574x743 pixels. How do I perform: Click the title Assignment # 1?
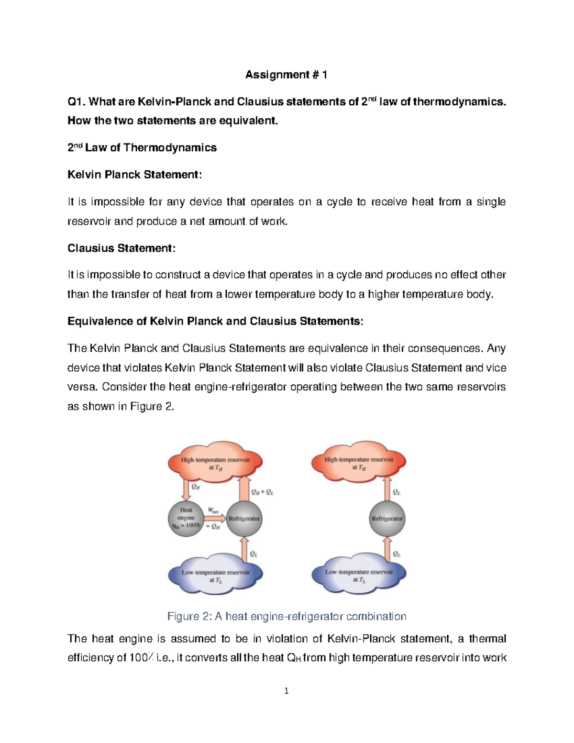pos(286,75)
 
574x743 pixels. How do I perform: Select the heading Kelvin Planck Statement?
pos(134,175)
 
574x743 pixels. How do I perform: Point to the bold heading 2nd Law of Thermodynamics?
pos(142,148)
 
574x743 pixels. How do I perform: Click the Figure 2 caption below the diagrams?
pos(287,616)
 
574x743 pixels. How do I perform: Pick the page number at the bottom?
pos(286,690)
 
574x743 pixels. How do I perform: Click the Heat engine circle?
pos(186,518)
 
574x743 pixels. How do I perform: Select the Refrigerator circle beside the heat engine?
pos(244,519)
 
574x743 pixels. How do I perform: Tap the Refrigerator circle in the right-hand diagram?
pos(387,519)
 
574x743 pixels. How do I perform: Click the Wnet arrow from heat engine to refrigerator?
pos(216,518)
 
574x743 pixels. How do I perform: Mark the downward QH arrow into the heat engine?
pos(186,489)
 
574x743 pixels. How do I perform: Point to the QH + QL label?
pos(262,492)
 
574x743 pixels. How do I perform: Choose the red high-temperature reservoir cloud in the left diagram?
pos(215,461)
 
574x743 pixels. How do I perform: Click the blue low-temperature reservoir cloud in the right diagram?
pos(359,574)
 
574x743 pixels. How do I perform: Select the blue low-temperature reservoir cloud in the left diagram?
pos(215,574)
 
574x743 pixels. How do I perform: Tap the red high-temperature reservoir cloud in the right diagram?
pos(359,461)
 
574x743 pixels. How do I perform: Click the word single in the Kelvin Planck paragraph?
pos(491,202)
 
